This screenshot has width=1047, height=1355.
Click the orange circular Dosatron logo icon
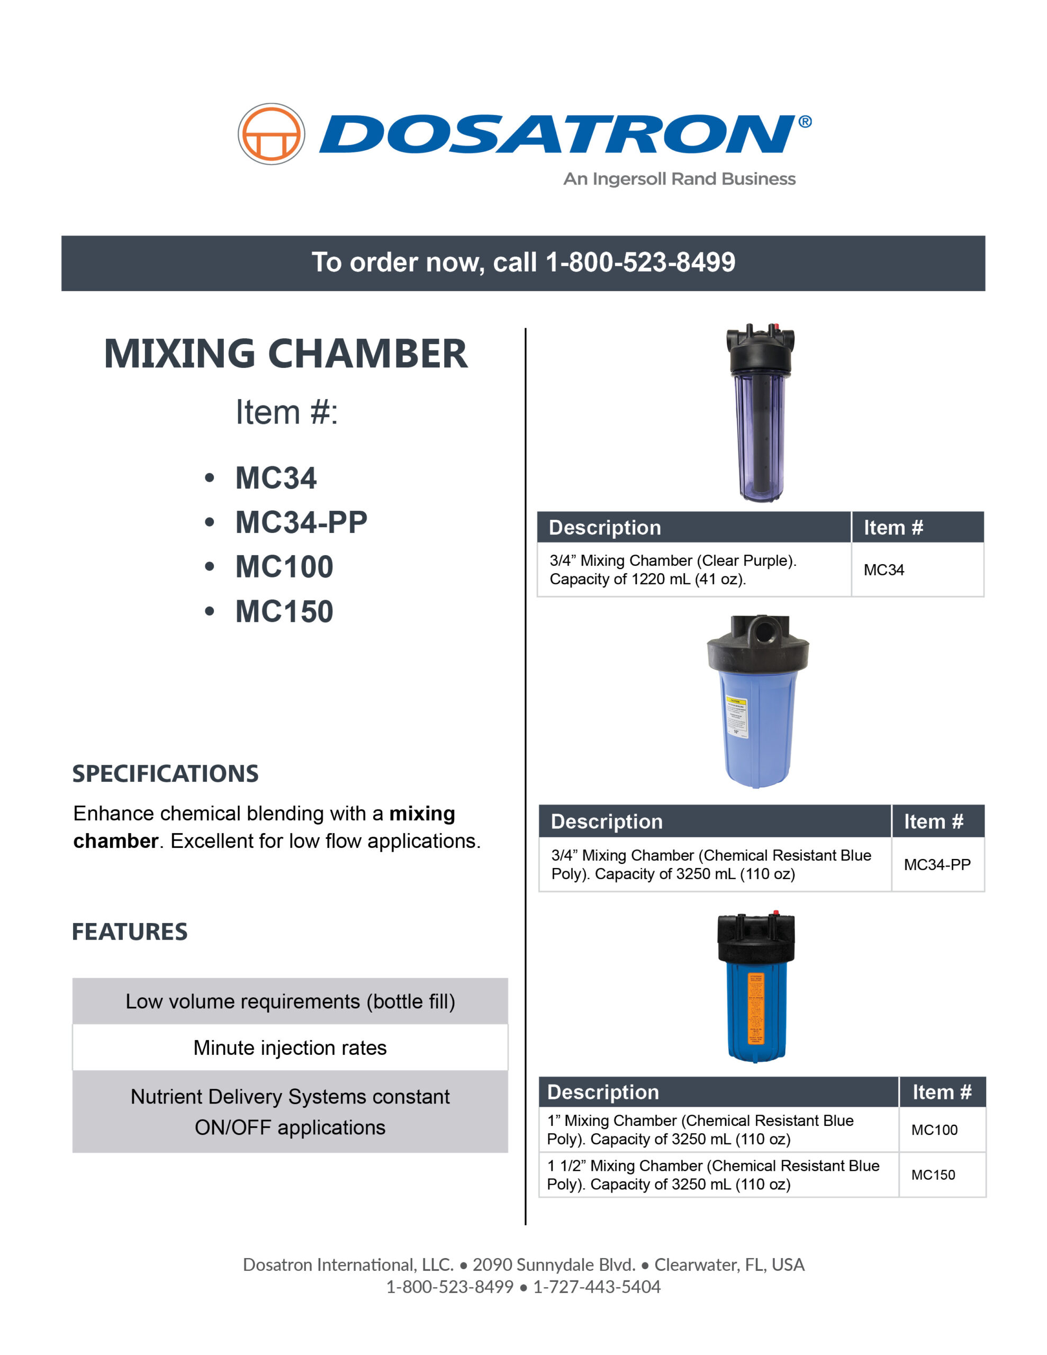click(271, 134)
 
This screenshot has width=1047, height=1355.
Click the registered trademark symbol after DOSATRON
click(805, 122)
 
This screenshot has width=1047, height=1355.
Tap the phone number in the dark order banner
click(640, 263)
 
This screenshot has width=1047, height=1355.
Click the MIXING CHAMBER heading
click(285, 354)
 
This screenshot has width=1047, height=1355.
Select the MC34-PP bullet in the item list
click(301, 522)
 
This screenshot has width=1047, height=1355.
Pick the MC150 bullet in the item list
click(284, 612)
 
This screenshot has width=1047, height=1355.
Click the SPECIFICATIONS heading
click(165, 774)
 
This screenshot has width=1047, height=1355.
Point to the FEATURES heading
click(130, 932)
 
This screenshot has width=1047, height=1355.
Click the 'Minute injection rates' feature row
click(290, 1048)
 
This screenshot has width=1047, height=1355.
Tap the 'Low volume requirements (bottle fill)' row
click(290, 1001)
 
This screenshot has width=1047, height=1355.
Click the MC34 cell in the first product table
click(884, 570)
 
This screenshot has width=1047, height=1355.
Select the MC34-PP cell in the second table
click(937, 864)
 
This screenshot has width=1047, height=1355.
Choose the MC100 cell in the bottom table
click(934, 1130)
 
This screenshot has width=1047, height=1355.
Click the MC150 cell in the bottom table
click(933, 1175)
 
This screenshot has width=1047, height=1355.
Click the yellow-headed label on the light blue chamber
click(737, 717)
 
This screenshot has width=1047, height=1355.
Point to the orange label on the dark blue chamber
click(755, 1009)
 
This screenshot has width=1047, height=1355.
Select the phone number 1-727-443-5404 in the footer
click(597, 1287)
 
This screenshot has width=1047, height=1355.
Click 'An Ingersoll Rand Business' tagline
click(679, 179)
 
